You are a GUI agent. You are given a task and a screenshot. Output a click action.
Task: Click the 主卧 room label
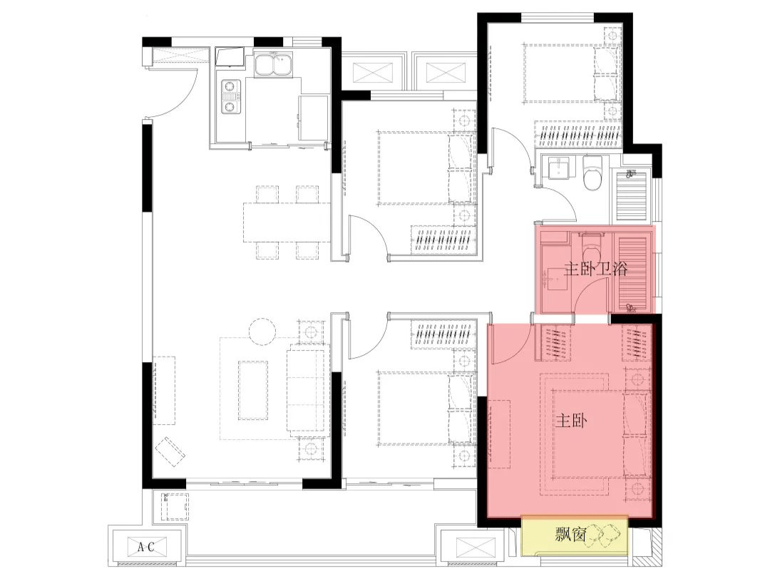coord(570,421)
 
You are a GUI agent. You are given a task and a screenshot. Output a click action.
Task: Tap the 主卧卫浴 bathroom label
coord(596,269)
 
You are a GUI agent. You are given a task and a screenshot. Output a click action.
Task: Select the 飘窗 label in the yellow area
coord(570,534)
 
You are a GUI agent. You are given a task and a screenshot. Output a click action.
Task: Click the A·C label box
coord(146,546)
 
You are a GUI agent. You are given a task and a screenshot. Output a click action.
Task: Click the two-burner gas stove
coord(230,97)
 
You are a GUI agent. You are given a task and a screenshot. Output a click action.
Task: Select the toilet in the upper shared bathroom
coord(592,173)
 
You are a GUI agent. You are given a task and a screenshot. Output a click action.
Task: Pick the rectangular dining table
coord(287,222)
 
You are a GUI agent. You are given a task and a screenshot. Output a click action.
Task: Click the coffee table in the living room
coord(253,391)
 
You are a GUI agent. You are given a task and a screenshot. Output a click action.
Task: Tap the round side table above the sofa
coord(263,332)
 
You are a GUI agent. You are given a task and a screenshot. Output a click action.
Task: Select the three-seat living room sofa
coord(307,390)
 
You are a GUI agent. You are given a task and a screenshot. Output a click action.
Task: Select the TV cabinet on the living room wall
coord(164,391)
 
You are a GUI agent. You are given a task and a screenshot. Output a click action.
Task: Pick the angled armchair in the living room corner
coord(170,451)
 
